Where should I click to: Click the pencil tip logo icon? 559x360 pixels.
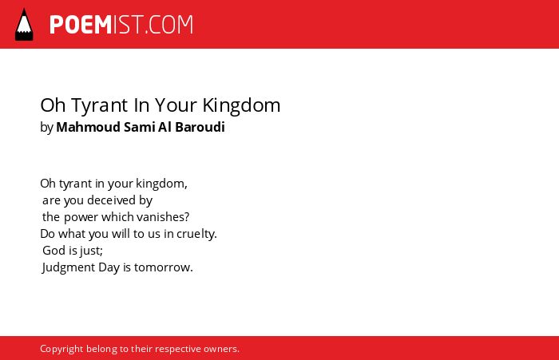point(24,25)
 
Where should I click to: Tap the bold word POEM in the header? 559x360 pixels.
point(81,25)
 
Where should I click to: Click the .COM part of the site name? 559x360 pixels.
point(169,25)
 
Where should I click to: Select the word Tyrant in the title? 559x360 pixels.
point(100,106)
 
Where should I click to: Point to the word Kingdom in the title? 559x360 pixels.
point(241,106)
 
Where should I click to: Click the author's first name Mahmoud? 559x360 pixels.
point(89,127)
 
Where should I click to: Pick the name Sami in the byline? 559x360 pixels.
point(139,127)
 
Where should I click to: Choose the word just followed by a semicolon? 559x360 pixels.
point(91,251)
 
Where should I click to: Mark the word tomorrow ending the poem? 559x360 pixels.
point(164,267)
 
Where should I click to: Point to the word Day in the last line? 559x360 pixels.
point(109,267)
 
